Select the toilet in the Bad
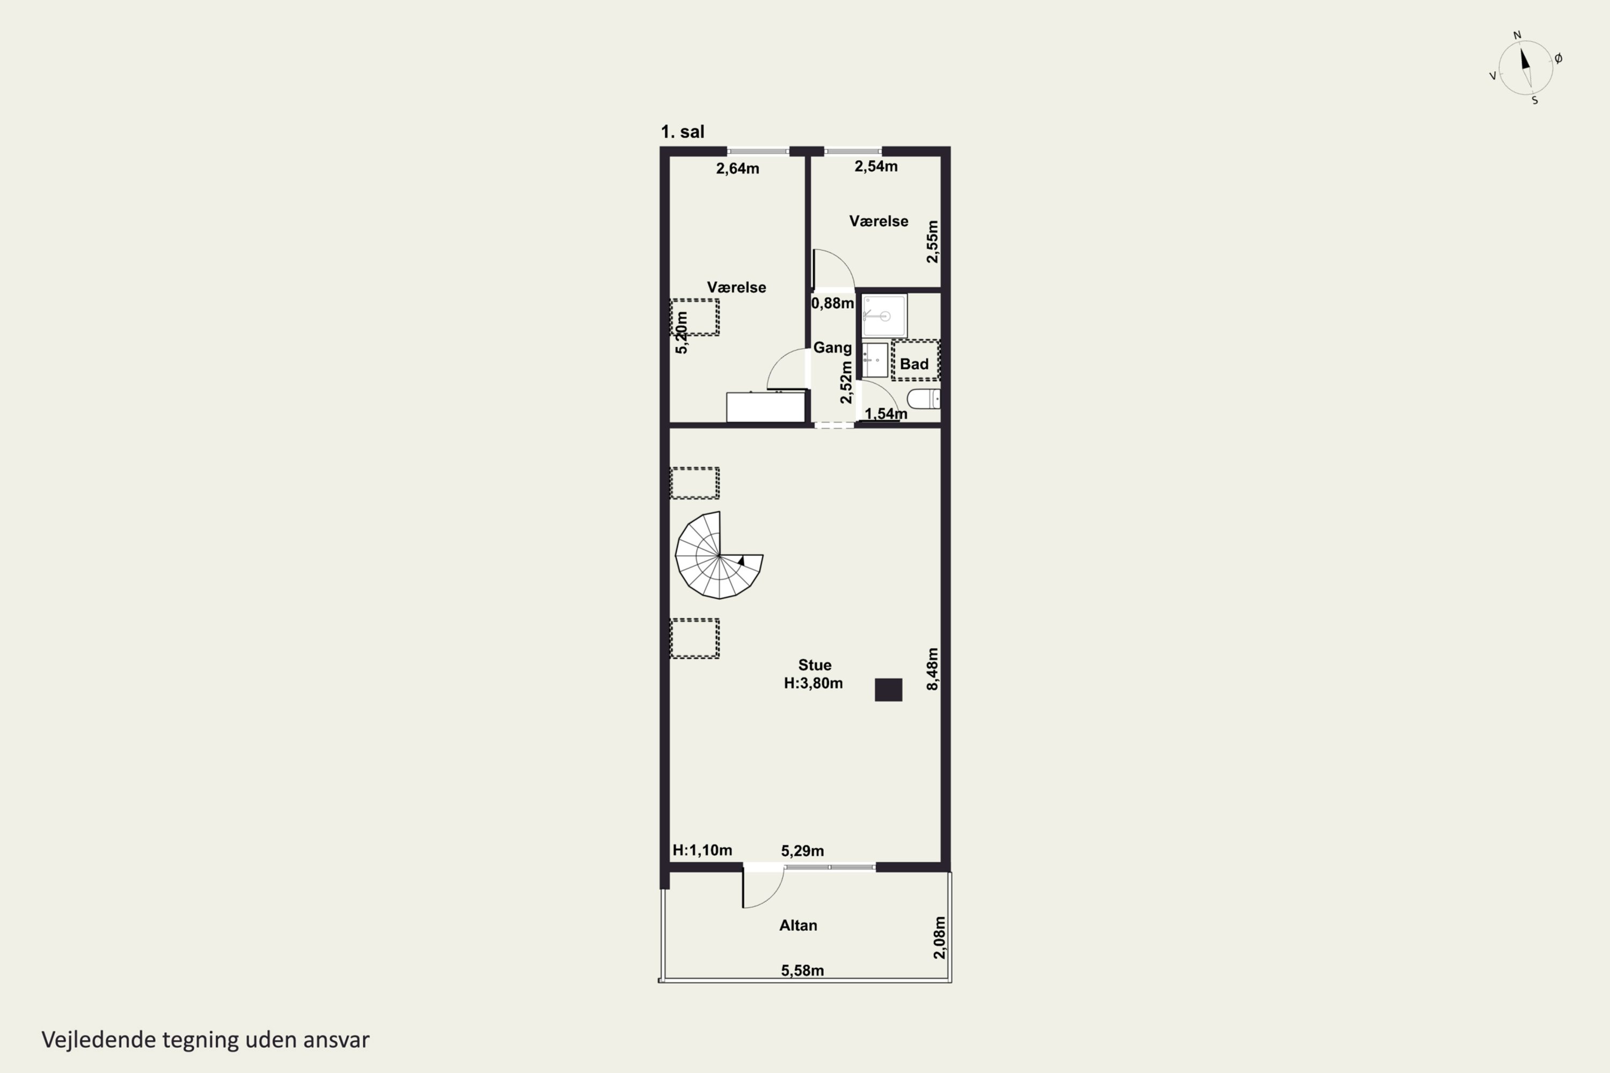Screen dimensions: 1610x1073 coord(924,398)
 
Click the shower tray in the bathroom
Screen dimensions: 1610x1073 coord(884,315)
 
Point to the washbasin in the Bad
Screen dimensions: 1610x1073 coord(875,360)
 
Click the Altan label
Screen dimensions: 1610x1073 coord(798,925)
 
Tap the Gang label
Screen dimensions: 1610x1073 coord(832,348)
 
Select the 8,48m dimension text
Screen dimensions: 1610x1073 coord(932,668)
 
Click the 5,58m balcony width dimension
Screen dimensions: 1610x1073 coord(802,971)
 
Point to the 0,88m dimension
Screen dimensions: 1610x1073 coord(832,303)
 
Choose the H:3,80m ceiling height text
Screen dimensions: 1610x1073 coord(813,683)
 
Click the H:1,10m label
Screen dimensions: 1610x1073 coord(702,850)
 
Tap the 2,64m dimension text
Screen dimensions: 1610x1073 coord(737,168)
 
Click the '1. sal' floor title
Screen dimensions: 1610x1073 coord(683,131)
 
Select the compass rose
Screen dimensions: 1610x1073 coord(1526,67)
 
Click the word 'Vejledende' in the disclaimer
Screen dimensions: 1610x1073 coord(99,1040)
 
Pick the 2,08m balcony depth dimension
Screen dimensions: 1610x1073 coord(939,937)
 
